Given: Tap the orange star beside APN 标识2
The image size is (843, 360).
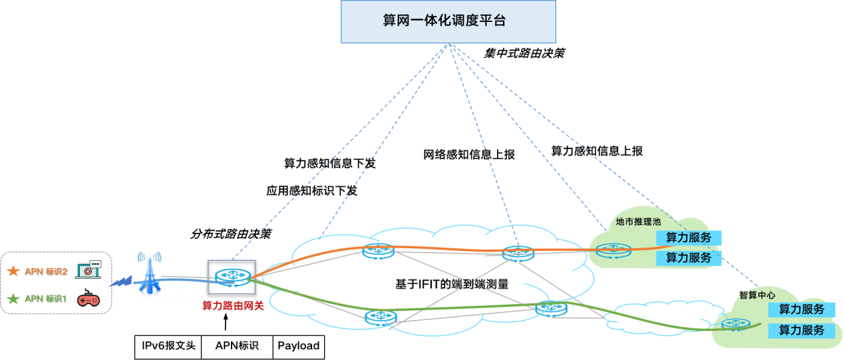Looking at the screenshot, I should tap(13, 271).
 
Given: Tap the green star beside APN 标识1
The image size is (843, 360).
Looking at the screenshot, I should tap(13, 299).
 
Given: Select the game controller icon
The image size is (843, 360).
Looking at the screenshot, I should tap(88, 299).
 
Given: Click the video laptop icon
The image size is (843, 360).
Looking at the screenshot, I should tap(88, 270).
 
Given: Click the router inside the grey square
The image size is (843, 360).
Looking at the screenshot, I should tap(232, 275).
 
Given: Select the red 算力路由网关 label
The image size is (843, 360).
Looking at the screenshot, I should tap(233, 306).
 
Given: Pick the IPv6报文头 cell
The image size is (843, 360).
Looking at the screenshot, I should tap(168, 346).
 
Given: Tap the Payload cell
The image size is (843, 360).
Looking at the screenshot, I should tap(298, 346).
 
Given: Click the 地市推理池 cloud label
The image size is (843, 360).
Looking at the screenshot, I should tap(637, 222).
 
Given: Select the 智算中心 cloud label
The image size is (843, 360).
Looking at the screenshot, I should tap(757, 295).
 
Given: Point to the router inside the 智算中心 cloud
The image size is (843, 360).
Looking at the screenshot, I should tap(736, 324).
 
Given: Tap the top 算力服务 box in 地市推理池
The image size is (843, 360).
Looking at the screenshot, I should tap(689, 238).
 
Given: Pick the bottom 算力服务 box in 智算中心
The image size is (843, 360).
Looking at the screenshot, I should tap(802, 330).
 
